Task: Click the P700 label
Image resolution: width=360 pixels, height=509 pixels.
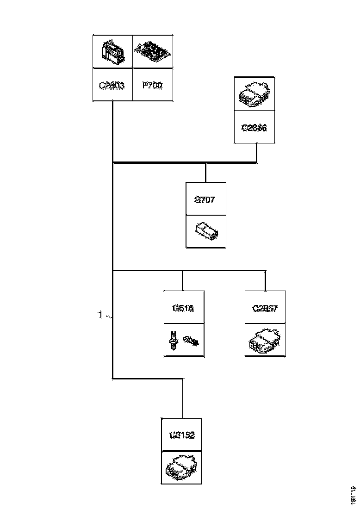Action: click(153, 85)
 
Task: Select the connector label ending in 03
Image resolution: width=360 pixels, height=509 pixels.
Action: click(112, 85)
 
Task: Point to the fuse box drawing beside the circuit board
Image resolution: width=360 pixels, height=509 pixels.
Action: click(112, 52)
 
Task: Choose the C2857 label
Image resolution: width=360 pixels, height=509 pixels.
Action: click(265, 308)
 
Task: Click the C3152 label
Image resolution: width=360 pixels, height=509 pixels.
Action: click(181, 435)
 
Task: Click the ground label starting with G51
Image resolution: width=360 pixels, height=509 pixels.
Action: click(182, 308)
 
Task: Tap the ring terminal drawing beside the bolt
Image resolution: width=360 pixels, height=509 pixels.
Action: click(191, 341)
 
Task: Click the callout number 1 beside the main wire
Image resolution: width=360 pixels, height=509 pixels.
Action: click(100, 316)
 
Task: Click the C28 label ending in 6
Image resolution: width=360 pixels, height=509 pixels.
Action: click(254, 128)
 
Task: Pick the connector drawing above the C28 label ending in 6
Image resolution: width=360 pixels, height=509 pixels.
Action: click(254, 93)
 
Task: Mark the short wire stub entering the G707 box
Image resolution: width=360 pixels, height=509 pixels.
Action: click(206, 172)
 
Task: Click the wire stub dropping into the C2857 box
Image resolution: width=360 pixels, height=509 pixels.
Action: click(265, 280)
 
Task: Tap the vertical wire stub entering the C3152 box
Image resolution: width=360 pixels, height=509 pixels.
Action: click(182, 399)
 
